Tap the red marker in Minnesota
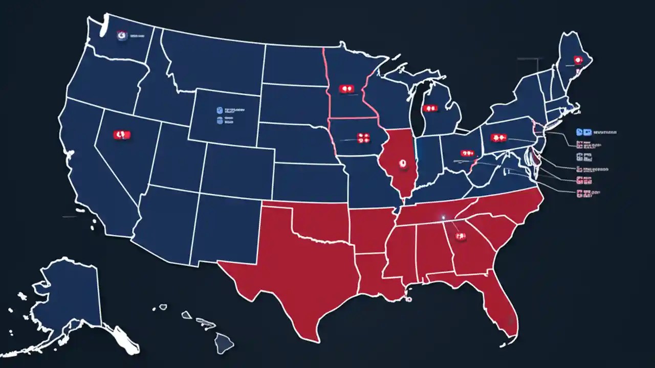pyautogui.click(x=347, y=88)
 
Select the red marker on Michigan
pyautogui.click(x=430, y=109)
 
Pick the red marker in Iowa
pyautogui.click(x=363, y=136)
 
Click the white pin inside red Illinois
pyautogui.click(x=402, y=165)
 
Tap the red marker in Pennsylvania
pyautogui.click(x=498, y=137)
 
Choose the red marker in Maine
pyautogui.click(x=578, y=60)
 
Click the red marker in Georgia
pyautogui.click(x=460, y=236)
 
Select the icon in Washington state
pyautogui.click(x=121, y=36)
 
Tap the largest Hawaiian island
pyautogui.click(x=224, y=341)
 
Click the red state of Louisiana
pyautogui.click(x=376, y=279)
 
